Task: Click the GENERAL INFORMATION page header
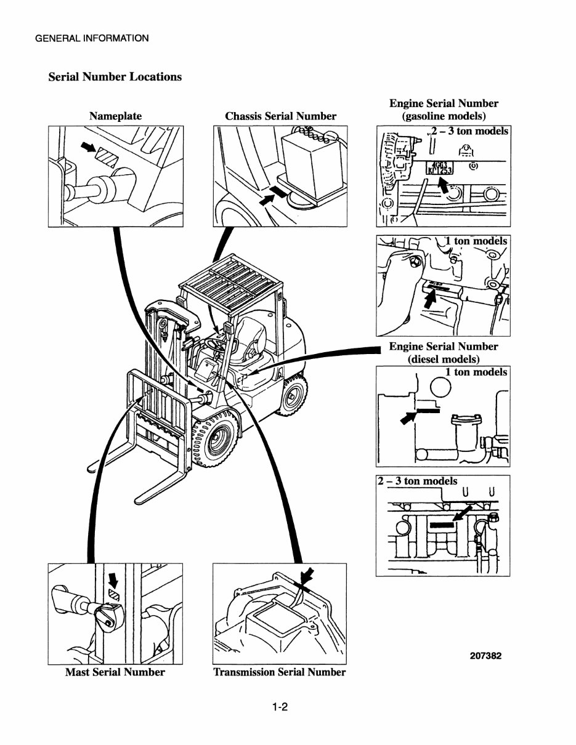click(91, 38)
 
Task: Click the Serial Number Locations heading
click(115, 77)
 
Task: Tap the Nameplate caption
click(115, 116)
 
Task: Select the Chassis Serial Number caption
click(280, 116)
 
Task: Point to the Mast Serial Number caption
click(115, 672)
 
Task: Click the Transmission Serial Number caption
click(279, 672)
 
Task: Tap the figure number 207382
click(485, 656)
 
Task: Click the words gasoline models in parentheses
click(444, 116)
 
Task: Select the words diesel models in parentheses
click(444, 359)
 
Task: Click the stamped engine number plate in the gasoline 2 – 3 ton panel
click(440, 168)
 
